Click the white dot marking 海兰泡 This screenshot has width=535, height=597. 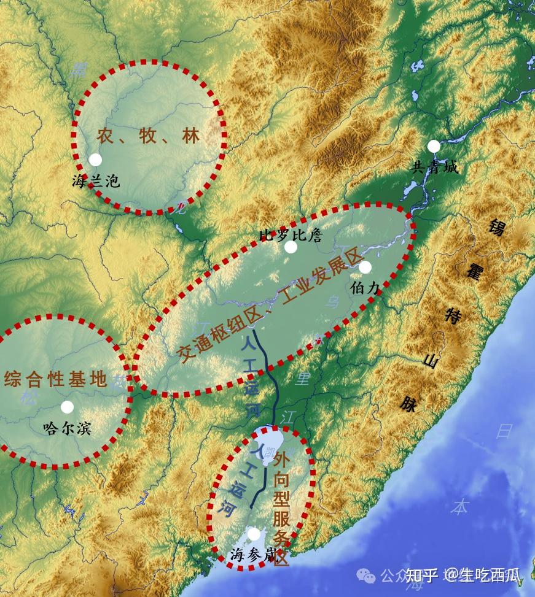coord(95,160)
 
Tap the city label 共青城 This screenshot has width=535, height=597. coord(434,167)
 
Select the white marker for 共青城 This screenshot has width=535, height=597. coord(434,146)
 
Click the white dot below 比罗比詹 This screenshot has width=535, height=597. coord(291,247)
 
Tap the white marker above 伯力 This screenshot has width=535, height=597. coord(365,268)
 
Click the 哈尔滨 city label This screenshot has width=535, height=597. coord(68,428)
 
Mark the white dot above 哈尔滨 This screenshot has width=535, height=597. coord(67,407)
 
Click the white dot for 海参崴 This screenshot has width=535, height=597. coord(254,534)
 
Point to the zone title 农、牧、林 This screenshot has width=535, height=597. coord(148,136)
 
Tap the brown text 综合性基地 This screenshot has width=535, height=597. coord(55,379)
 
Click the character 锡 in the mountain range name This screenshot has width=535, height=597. coord(496,228)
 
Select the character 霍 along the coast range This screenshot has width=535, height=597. coord(472,271)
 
